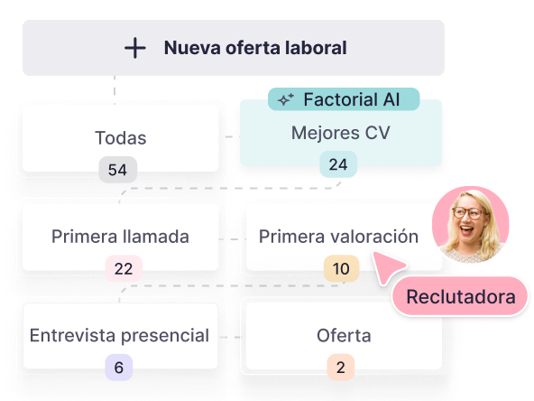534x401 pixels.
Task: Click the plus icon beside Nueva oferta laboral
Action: coord(135,48)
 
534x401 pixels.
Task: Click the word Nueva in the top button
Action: coord(192,48)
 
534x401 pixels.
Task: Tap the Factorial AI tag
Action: coord(344,99)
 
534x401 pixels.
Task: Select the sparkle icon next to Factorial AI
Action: coord(285,99)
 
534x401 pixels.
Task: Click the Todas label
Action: coord(121,138)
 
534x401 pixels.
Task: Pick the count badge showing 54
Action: coord(118,170)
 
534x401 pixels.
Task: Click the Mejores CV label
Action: coord(341,133)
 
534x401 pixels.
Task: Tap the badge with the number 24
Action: coord(338,164)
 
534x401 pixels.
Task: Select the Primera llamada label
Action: coord(120,237)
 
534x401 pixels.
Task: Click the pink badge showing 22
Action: coord(124,269)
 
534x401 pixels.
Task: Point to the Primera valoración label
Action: coord(338,237)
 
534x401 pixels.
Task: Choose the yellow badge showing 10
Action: coord(341,269)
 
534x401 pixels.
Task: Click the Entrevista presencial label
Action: coord(120,336)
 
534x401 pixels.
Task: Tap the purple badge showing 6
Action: coord(118,368)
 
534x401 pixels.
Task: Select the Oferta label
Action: coord(344,336)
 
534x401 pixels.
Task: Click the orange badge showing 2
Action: coord(341,368)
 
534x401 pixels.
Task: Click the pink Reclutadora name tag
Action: coord(460,296)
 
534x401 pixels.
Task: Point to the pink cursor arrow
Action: coord(387,266)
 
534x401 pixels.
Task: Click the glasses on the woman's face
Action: coord(470,213)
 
